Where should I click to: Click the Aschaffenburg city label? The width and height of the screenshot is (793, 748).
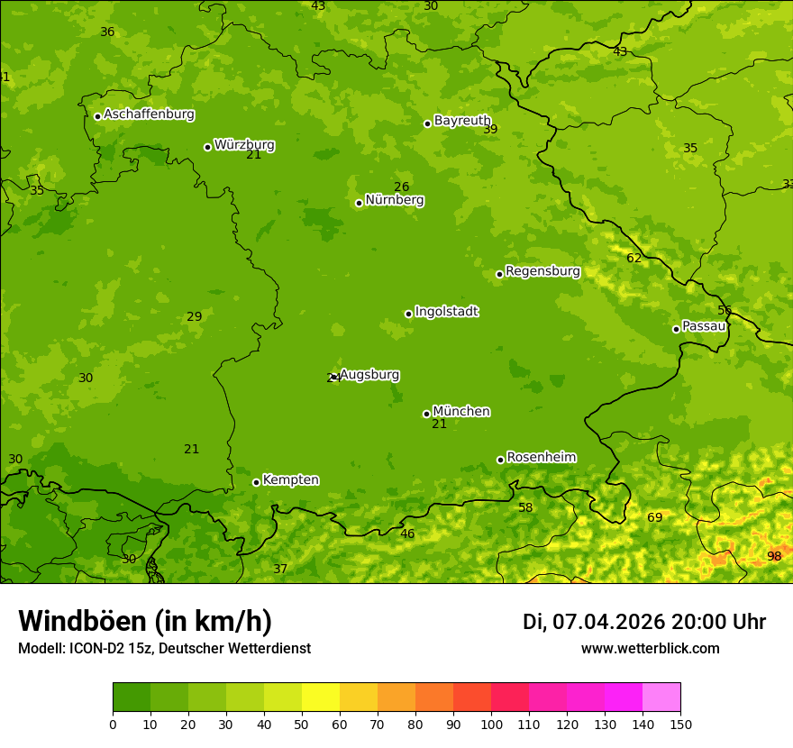[149, 114]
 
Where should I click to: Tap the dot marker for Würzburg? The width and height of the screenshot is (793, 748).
[207, 147]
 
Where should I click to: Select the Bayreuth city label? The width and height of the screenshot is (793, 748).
[462, 120]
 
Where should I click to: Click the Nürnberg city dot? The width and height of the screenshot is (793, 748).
[359, 203]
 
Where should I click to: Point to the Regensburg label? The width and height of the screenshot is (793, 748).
[542, 270]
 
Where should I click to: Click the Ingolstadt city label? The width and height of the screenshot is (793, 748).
[446, 311]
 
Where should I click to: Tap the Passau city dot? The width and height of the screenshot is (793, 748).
[676, 329]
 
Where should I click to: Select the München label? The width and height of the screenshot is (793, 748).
[461, 411]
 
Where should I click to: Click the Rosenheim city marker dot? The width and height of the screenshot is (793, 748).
[500, 461]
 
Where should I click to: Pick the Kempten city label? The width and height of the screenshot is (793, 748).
[290, 479]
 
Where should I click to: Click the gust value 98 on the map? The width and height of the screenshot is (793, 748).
[774, 556]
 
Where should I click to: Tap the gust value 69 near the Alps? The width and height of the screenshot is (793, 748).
[655, 517]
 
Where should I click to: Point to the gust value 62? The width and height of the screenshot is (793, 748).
[634, 258]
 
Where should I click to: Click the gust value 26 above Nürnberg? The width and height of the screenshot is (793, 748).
[402, 187]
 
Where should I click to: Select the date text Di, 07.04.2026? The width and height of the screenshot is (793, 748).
[594, 622]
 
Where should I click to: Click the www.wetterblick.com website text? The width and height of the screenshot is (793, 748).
[650, 648]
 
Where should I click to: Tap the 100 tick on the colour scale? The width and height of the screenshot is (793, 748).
[491, 724]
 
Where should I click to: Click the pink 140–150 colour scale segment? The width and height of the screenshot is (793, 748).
[661, 698]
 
